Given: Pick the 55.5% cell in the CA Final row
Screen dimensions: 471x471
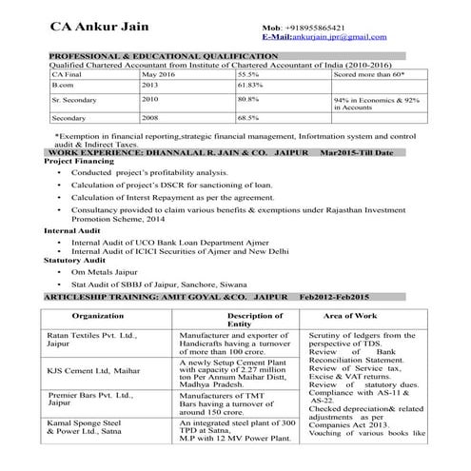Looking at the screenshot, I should tap(248, 73).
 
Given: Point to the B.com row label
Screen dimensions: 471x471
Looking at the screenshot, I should tap(63, 85).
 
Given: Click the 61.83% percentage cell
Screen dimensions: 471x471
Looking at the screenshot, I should tap(250, 85).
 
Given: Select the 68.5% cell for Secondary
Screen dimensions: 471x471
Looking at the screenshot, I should tap(248, 118).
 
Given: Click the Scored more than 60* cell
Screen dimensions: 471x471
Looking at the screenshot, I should tap(369, 73).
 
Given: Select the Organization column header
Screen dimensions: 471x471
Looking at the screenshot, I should tap(97, 315).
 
